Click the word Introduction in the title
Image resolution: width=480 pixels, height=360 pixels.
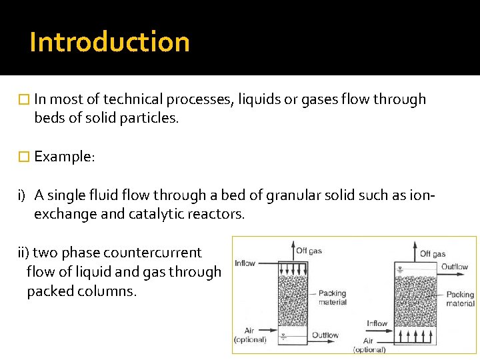[x=109, y=41]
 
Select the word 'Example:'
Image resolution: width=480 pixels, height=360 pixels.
[x=65, y=157]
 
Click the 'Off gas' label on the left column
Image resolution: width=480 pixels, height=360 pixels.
[x=309, y=251]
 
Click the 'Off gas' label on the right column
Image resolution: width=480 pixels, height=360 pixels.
[x=433, y=254]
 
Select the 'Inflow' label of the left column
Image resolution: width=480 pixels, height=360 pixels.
[x=245, y=263]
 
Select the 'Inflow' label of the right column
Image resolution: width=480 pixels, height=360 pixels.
[x=377, y=323]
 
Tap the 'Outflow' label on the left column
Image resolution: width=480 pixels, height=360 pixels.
[x=325, y=335]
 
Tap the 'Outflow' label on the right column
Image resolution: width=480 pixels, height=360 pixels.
[x=455, y=267]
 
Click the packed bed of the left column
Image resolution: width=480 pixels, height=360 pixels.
[x=291, y=300]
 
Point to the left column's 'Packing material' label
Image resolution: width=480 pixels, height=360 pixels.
[x=333, y=297]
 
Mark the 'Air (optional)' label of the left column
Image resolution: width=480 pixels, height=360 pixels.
[x=249, y=335]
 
